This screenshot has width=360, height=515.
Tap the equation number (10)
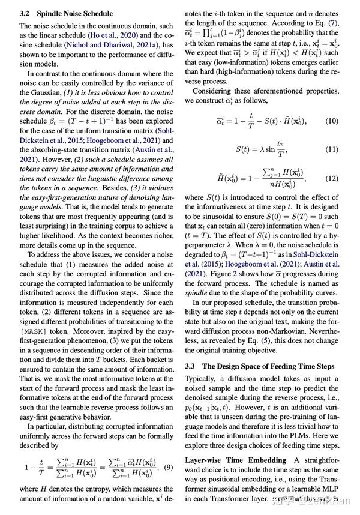(332, 121)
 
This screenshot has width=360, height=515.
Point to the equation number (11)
(332, 149)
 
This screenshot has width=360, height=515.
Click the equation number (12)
(332, 178)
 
